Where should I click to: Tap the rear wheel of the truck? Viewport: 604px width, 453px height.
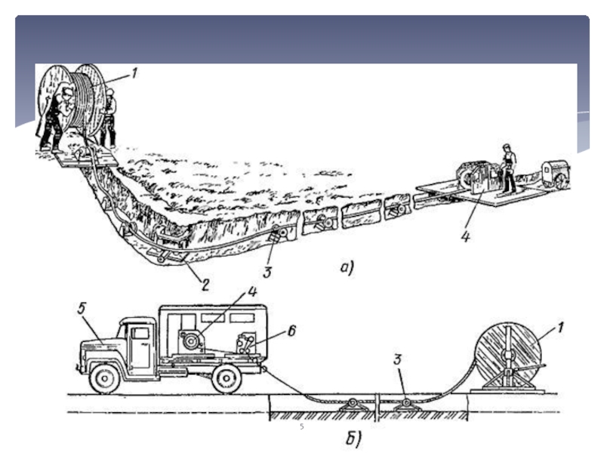[226, 377]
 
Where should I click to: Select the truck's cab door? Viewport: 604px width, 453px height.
[141, 347]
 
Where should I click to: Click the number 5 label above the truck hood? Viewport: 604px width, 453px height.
[82, 308]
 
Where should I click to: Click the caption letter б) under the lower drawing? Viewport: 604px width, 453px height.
[355, 436]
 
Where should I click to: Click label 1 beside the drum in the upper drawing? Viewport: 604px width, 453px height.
[135, 73]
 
